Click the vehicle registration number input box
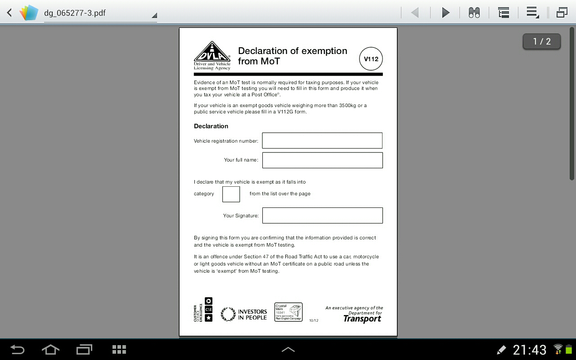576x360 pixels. [322, 140]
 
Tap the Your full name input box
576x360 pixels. [322, 160]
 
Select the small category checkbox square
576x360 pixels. [231, 194]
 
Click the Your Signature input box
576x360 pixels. [322, 216]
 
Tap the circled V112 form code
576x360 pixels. [371, 59]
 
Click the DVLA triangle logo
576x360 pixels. [212, 53]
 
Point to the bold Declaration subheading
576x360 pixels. [211, 126]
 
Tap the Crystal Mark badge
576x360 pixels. [288, 312]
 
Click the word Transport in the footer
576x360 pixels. [362, 319]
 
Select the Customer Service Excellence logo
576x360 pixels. [203, 310]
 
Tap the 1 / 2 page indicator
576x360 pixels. [541, 41]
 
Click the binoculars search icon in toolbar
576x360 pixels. [474, 13]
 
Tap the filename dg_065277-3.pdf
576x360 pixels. [75, 13]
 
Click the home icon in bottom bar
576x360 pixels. [50, 350]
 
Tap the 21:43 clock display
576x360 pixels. [529, 350]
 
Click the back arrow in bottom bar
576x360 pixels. [17, 350]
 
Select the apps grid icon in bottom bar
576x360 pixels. [119, 350]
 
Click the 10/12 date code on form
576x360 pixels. [314, 320]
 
